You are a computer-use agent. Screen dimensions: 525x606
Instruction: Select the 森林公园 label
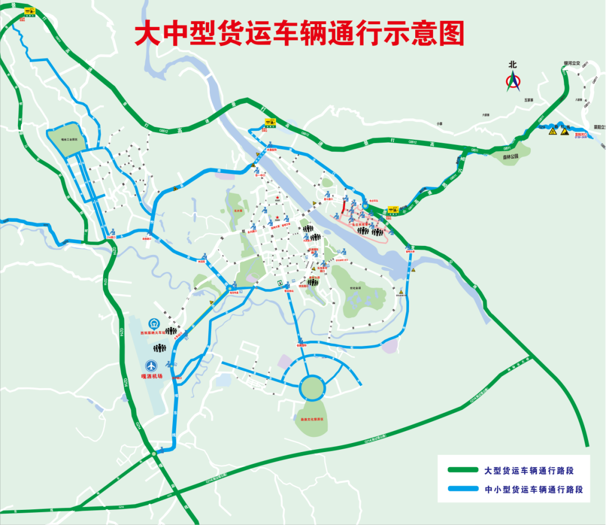(511, 158)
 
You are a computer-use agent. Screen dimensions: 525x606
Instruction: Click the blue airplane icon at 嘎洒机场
(152, 365)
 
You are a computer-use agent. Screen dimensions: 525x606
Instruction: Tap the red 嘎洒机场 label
(151, 377)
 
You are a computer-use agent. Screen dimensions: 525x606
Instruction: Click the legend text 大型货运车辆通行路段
(529, 470)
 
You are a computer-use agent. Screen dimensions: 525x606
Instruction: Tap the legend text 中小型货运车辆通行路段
(534, 489)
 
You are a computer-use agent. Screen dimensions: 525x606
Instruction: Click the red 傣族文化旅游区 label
(311, 419)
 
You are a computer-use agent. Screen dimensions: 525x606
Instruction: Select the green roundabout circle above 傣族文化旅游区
(312, 387)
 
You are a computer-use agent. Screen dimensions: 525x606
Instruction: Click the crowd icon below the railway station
(160, 349)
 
